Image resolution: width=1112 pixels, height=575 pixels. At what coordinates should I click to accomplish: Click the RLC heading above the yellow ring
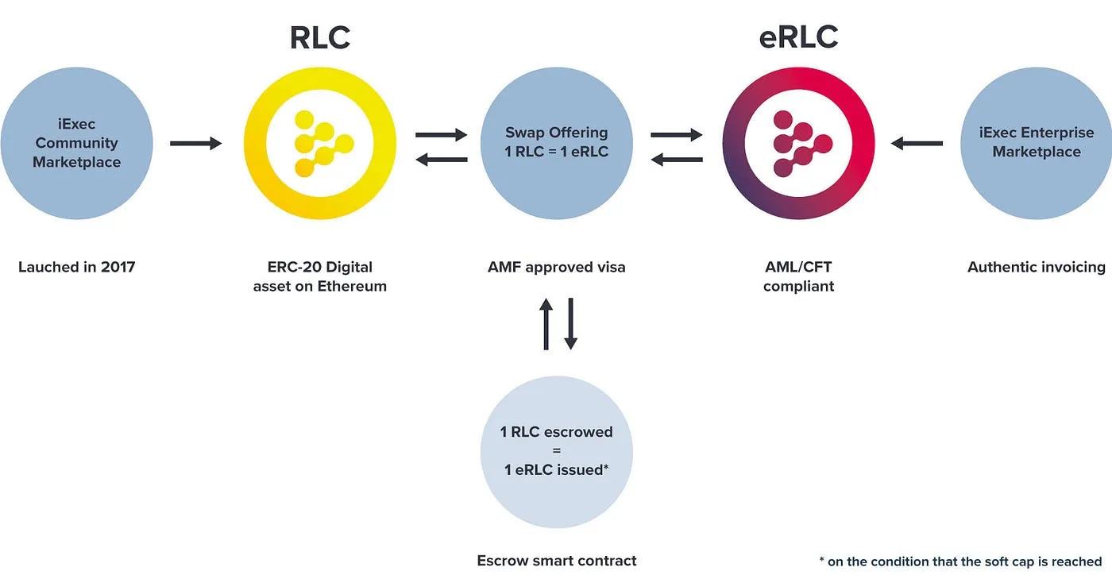coord(319,37)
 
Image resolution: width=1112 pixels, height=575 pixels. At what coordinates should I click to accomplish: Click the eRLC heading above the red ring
coord(798,37)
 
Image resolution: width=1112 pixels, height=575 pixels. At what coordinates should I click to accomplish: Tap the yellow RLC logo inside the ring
coord(320,144)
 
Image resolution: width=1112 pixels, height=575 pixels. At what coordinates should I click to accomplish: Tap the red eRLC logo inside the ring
coord(798,144)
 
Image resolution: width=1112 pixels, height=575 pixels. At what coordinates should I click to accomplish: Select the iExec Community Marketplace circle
coord(76,143)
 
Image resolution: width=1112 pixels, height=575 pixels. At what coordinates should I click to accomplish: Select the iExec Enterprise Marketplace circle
coord(1036,143)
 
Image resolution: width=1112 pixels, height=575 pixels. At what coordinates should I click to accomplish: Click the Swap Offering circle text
coord(556,142)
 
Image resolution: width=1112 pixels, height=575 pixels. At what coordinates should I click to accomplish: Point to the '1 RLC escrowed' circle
coord(556,450)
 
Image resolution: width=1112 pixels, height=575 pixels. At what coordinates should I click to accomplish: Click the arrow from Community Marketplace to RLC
coord(195,144)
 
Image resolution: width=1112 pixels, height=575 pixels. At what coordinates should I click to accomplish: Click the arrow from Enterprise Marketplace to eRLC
coord(917,144)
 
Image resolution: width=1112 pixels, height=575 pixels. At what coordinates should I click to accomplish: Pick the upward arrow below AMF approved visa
coord(546,324)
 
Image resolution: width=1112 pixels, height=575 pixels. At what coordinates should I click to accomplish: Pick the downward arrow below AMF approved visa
coord(570,324)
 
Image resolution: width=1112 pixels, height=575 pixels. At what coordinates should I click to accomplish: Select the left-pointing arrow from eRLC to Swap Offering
coord(677,160)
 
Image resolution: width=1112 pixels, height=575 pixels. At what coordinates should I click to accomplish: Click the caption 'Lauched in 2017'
coord(77,267)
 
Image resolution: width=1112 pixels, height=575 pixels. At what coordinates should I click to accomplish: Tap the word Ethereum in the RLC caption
coord(352,286)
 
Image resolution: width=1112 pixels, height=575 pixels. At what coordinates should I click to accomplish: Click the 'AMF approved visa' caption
coord(556,267)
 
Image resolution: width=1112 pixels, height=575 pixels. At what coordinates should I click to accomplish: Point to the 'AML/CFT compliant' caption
coord(798,276)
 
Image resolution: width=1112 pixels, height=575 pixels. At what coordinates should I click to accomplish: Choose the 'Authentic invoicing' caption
coord(1036,267)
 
